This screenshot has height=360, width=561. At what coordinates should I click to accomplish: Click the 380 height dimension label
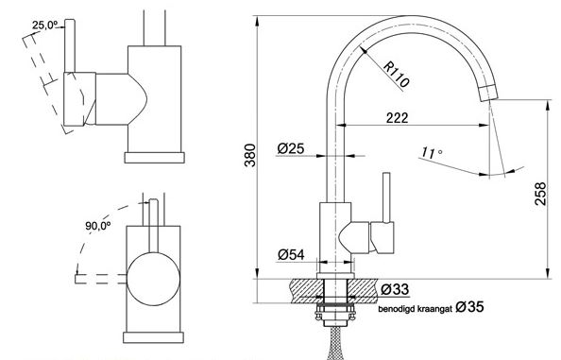click(250, 155)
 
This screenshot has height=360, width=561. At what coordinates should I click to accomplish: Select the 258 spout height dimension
click(540, 194)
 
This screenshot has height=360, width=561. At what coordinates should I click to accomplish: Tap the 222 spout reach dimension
click(397, 118)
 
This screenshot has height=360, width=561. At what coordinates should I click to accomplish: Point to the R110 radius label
click(397, 76)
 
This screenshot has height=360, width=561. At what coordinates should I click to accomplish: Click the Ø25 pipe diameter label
click(291, 148)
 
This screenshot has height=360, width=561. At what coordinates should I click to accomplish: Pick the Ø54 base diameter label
click(291, 254)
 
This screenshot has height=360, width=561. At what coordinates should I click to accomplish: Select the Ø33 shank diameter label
click(394, 289)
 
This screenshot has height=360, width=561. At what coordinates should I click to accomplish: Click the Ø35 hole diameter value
click(469, 307)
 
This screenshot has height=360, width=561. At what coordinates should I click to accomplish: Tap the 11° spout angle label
click(431, 152)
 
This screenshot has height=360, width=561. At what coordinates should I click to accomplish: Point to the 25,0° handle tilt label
click(44, 26)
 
